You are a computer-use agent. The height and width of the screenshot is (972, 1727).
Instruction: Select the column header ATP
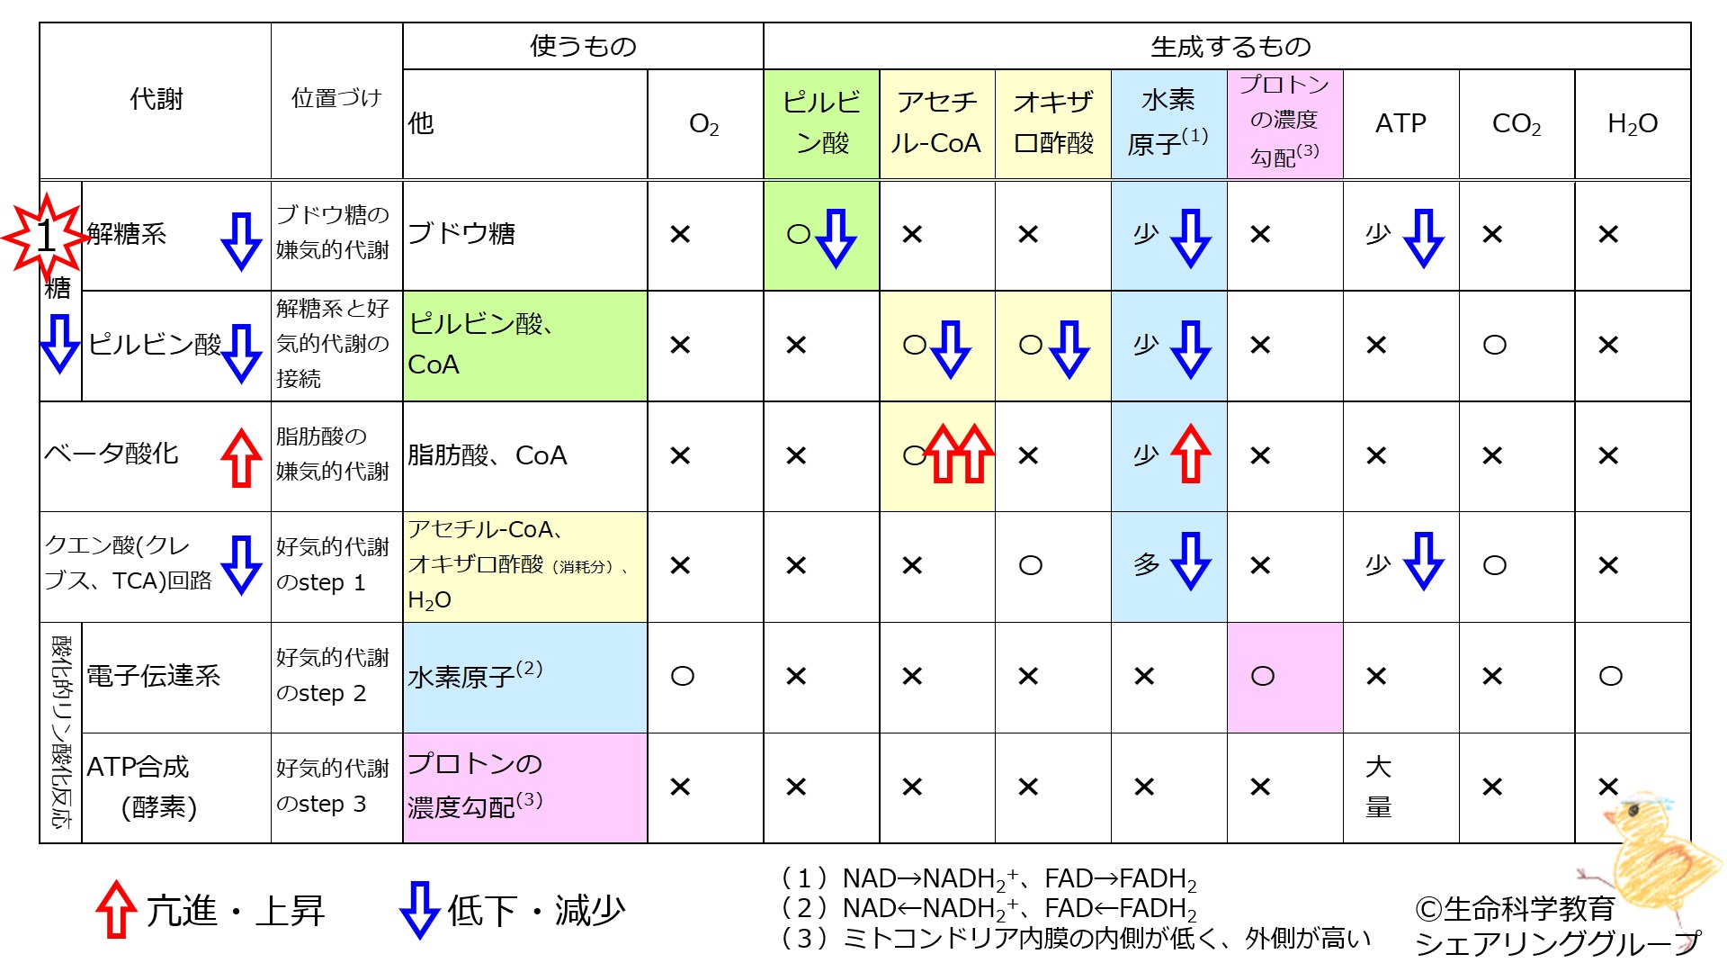click(1400, 123)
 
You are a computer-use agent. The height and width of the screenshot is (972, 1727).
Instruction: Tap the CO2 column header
click(1517, 124)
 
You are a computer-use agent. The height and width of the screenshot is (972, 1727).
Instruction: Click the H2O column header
click(1633, 124)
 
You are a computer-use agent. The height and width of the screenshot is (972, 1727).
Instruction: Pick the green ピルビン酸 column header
click(821, 123)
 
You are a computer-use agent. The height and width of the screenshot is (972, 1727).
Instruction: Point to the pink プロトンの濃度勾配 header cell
click(1285, 123)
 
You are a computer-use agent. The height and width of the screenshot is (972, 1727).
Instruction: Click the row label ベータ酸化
click(112, 454)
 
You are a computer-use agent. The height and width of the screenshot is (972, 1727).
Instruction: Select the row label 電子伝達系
click(154, 676)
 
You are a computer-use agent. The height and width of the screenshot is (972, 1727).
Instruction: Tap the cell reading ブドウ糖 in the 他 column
click(461, 234)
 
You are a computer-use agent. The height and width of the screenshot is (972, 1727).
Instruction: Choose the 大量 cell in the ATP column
click(1379, 787)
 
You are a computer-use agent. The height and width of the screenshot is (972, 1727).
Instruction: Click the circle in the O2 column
click(683, 676)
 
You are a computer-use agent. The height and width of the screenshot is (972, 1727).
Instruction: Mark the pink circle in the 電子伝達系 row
click(1263, 676)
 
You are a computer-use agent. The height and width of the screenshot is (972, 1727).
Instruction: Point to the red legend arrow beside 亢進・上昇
click(116, 909)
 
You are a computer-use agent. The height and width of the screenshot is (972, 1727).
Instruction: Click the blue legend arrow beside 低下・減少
click(419, 910)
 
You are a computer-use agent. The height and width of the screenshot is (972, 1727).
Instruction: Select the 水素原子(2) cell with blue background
click(524, 678)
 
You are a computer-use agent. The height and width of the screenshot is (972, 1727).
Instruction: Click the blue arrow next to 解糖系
click(241, 241)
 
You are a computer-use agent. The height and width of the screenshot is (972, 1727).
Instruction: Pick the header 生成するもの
click(1230, 47)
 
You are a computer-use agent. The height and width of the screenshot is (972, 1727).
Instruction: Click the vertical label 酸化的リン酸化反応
click(61, 733)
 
